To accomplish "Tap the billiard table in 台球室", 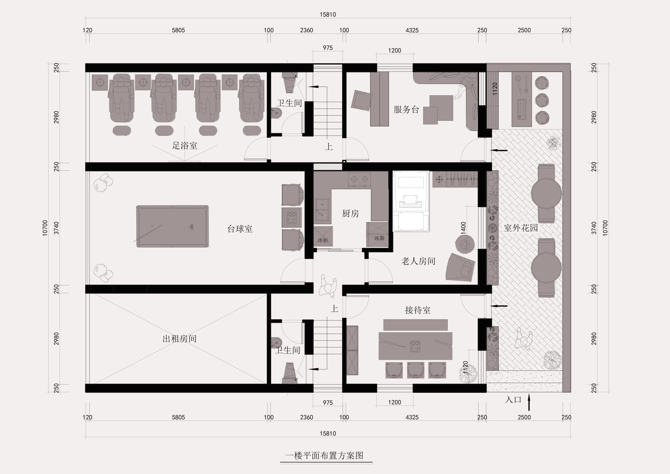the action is click(172, 226).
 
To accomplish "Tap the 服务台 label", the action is click(406, 110).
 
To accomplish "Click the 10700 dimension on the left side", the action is click(45, 228).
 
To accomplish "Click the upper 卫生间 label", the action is click(289, 103).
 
